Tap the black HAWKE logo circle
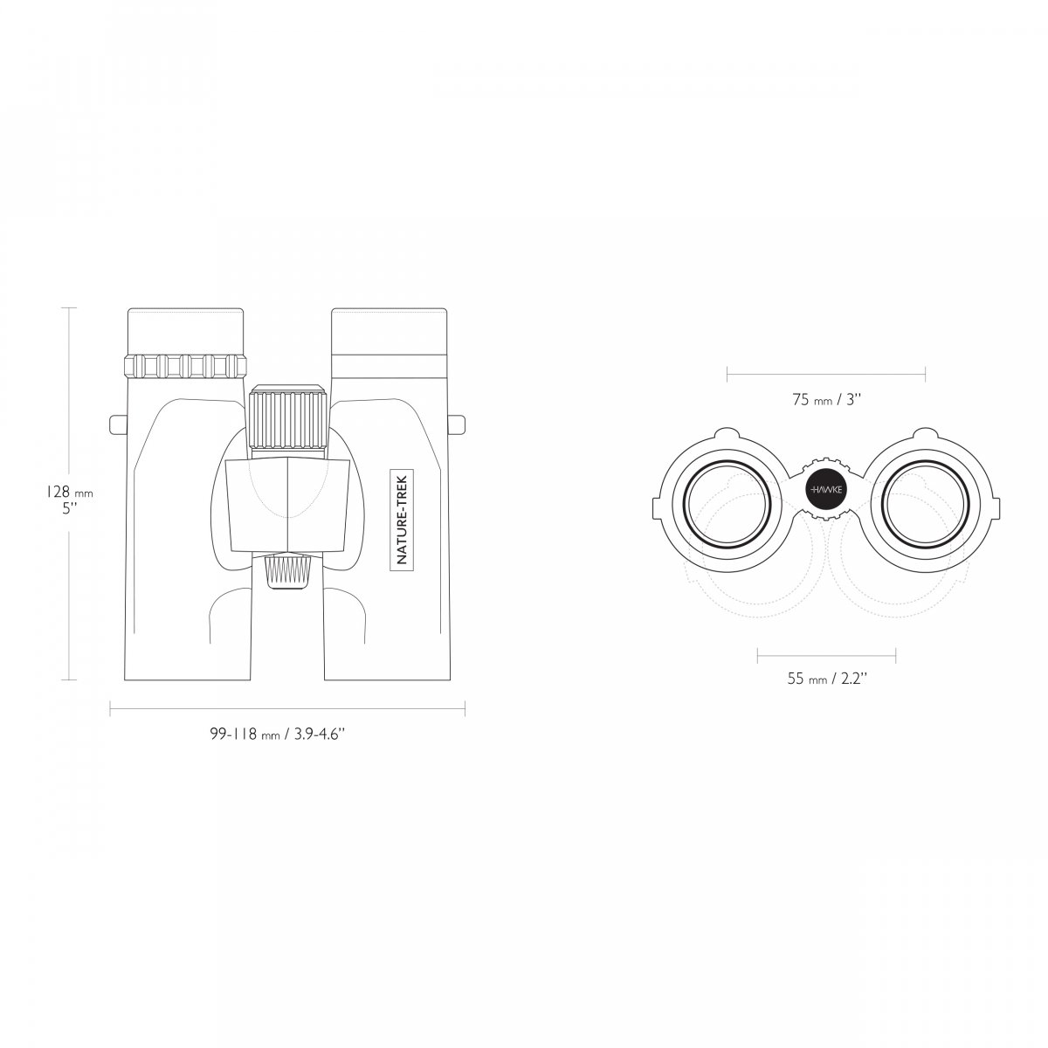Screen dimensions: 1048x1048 (826, 489)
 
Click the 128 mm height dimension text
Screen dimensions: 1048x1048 (70, 493)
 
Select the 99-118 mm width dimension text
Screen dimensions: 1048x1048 (279, 734)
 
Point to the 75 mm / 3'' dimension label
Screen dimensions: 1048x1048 (827, 400)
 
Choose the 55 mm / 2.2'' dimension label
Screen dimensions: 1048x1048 (827, 679)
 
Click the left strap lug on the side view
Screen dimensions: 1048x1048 (118, 424)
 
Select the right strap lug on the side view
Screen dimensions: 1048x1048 (458, 424)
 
